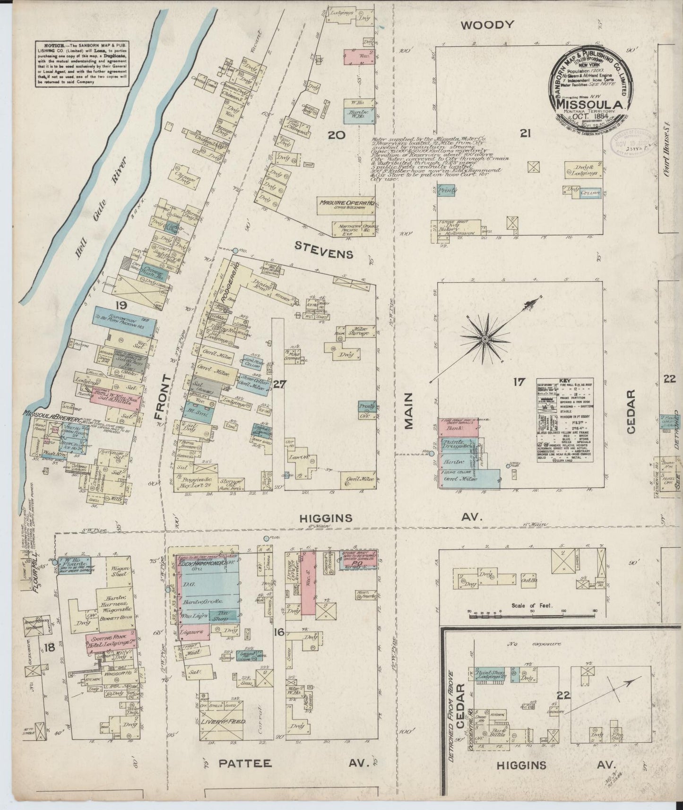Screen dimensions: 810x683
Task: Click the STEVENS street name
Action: (324, 254)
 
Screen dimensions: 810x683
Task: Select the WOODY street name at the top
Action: (487, 25)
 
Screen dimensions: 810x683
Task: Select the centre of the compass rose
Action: (485, 339)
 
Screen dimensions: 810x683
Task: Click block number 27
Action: (279, 384)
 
